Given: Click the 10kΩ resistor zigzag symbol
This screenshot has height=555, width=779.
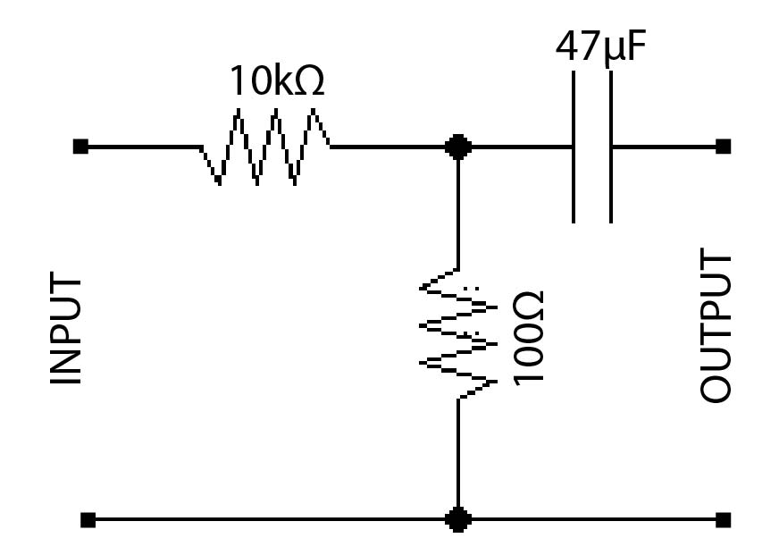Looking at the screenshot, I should [266, 146].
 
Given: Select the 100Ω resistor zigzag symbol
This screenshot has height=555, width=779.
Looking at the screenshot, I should [457, 332].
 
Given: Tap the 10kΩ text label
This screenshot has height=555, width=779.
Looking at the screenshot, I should [277, 82].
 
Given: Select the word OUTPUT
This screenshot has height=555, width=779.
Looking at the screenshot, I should [716, 327].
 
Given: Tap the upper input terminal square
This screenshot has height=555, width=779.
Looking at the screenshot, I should [80, 146].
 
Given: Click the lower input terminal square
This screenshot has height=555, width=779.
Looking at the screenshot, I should [87, 518].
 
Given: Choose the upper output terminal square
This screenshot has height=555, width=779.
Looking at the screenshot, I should [723, 146].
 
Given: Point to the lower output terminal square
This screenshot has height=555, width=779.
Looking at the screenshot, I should [723, 518].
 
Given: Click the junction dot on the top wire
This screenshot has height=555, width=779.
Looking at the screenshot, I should [457, 147].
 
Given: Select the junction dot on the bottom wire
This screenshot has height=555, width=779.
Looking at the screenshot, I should [457, 518].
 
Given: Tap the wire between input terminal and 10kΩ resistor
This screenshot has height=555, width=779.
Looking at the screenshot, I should [143, 146].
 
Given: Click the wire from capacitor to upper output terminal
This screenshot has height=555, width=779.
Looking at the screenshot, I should [666, 146].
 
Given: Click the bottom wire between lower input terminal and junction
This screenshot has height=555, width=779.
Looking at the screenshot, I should [268, 518].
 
